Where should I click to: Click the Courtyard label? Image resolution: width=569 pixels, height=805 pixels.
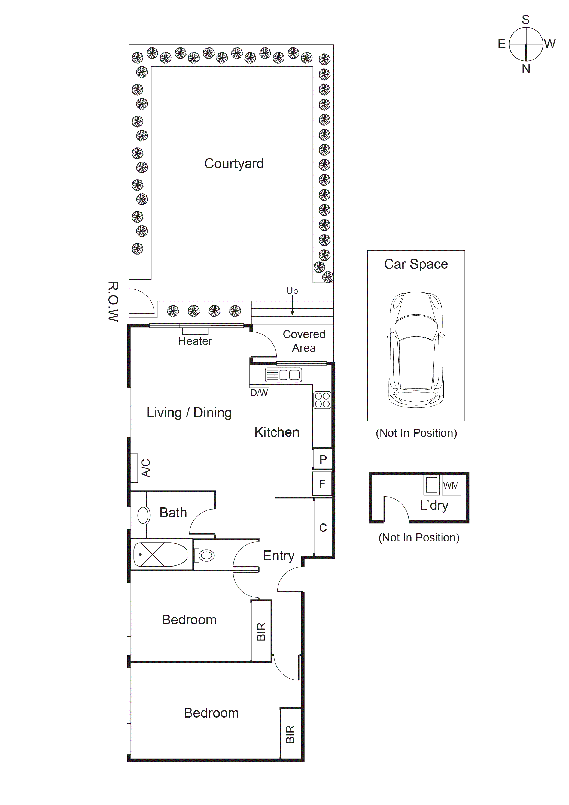pos(234,164)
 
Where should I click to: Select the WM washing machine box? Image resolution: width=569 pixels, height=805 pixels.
pos(451,485)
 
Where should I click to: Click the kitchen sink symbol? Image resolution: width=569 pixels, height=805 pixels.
pos(283,375)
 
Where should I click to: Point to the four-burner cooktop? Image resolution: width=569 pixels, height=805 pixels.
pos(322,400)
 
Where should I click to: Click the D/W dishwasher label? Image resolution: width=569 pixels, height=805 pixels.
pos(259,393)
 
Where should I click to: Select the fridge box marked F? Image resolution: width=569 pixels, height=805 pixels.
pos(322,484)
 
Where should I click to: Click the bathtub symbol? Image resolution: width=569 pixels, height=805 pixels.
pos(160,555)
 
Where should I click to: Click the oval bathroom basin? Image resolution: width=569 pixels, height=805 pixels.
pos(143,515)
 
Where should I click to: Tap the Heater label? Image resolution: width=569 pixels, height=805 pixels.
pos(195,341)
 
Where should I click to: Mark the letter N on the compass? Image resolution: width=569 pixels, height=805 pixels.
pos(525,69)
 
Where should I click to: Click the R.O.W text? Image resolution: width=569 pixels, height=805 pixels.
pos(113,301)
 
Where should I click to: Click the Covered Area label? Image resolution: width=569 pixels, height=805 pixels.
pos(304,341)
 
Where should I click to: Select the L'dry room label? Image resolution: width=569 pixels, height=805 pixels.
pos(434,505)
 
